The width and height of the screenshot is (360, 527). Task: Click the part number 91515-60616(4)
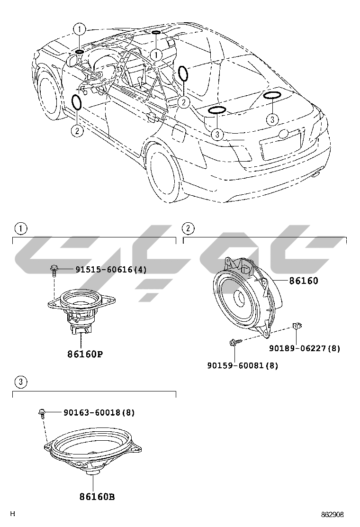pos(111,270)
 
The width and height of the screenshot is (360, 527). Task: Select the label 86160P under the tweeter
pos(84,354)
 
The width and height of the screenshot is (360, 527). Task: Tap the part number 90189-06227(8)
pos(305,348)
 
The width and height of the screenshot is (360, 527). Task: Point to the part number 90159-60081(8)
pos(243,365)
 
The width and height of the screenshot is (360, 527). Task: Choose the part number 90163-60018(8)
pos(99,413)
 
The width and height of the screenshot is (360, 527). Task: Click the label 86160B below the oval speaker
pos(97,497)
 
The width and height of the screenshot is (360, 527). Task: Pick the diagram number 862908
pos(332,514)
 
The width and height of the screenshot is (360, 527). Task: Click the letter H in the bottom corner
pos(13,514)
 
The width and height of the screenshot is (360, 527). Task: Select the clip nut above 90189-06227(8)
pos(297,326)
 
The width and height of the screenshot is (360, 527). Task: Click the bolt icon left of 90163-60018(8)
pos(42,413)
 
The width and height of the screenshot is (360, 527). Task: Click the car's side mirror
pos(72,60)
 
